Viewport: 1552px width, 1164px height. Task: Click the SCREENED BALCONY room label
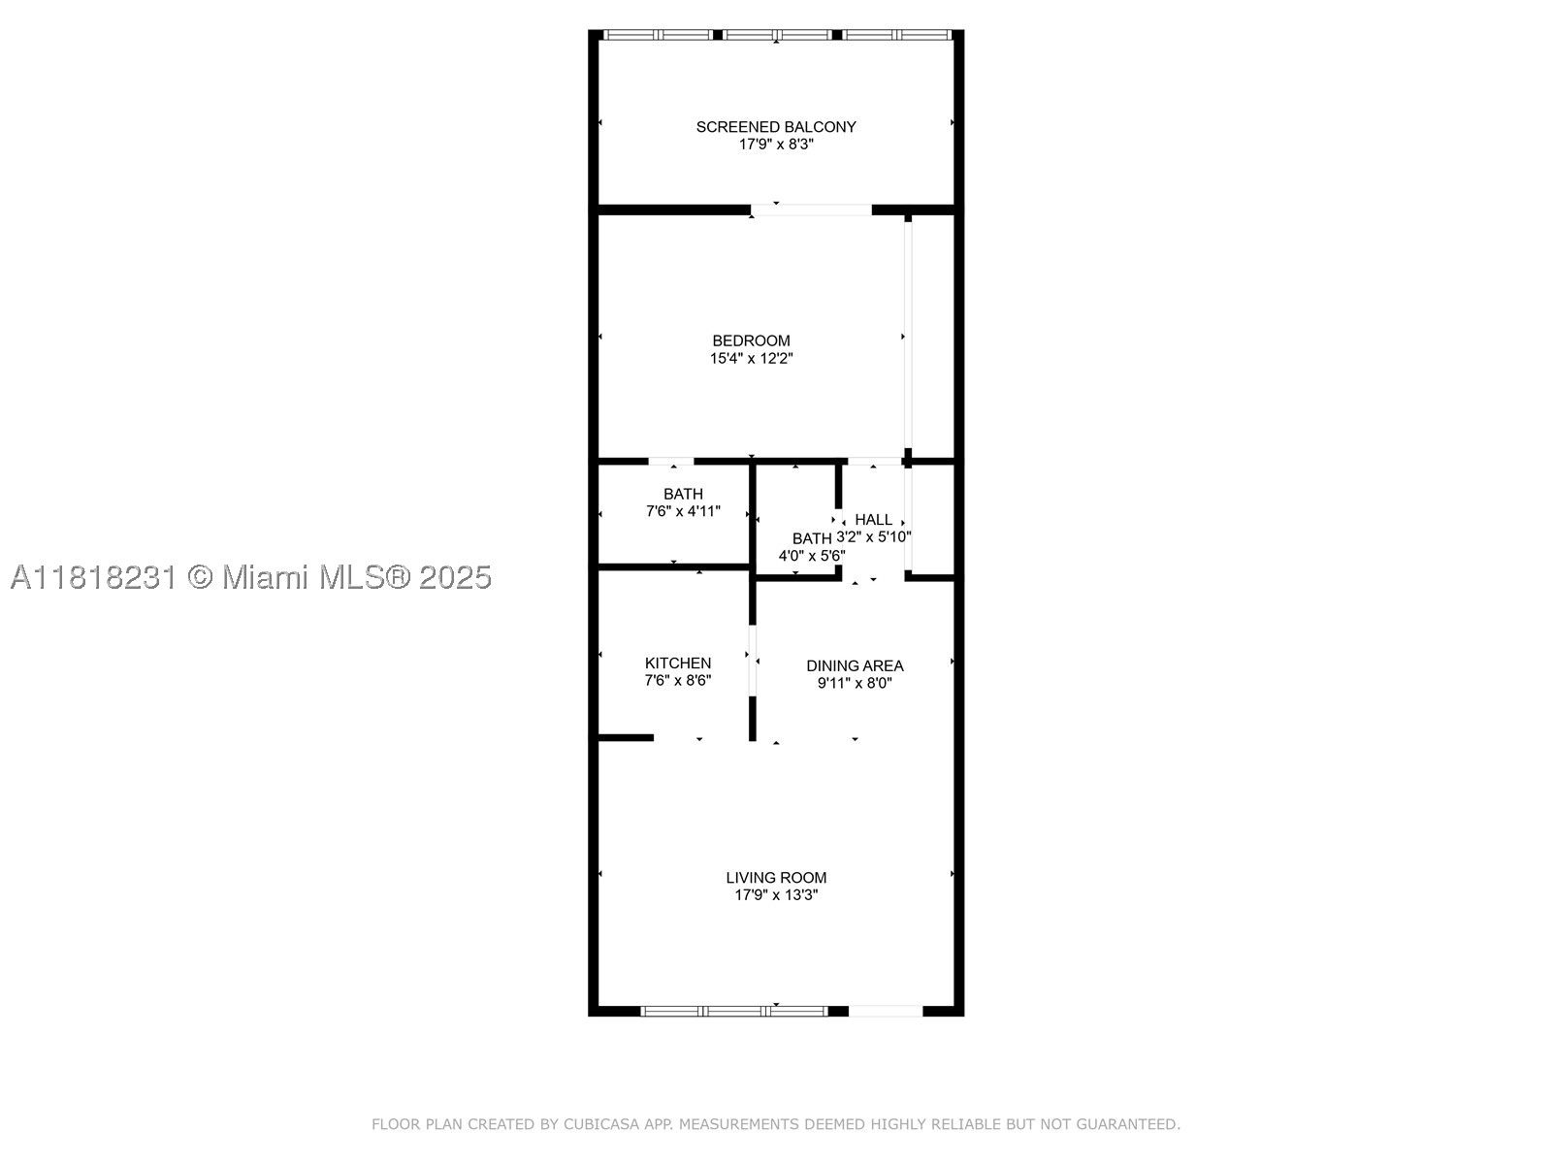[776, 127]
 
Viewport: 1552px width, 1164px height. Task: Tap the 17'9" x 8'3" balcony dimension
[776, 145]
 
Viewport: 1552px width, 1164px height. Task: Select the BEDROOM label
[751, 340]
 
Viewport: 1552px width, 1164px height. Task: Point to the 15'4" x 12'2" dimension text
[751, 358]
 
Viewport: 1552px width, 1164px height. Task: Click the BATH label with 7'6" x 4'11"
[683, 494]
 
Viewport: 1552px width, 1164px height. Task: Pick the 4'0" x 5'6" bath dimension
[812, 556]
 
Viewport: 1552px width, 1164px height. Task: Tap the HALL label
[873, 520]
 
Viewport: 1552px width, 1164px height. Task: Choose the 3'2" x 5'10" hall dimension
[873, 537]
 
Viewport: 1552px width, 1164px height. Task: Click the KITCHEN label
[677, 663]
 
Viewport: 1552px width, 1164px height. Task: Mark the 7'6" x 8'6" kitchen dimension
[677, 681]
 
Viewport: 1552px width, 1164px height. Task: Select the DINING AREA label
[855, 665]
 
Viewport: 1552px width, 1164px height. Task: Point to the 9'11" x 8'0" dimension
[855, 684]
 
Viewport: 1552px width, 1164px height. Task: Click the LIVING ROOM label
[776, 878]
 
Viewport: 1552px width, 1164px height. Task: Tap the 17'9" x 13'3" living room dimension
[776, 895]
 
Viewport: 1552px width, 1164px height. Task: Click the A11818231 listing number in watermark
[92, 577]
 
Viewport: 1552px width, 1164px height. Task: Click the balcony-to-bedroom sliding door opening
[811, 210]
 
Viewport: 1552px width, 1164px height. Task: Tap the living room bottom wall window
[734, 1012]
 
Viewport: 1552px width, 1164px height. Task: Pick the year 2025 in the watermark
[455, 577]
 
